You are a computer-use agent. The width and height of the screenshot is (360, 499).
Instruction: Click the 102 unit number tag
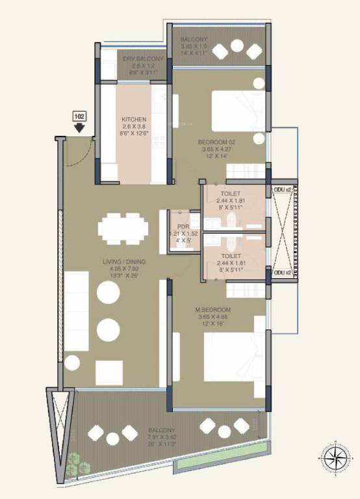pos(80,116)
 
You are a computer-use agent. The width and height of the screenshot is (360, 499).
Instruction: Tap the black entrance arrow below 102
pos(80,127)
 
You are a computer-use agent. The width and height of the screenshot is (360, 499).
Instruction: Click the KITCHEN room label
pos(134,120)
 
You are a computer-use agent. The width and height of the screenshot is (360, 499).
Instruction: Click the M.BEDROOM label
pos(216,310)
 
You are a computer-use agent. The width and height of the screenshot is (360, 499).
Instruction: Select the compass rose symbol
pos(335,457)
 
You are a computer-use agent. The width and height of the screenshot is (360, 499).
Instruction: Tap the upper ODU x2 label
pos(281,188)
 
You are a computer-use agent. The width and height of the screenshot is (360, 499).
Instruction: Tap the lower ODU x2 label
pos(281,273)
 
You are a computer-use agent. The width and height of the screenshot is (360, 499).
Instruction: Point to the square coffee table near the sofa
pos(109,372)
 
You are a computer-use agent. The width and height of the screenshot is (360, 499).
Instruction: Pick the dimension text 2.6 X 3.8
pos(134,127)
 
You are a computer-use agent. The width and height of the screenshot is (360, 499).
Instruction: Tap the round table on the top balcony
pos(237,46)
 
